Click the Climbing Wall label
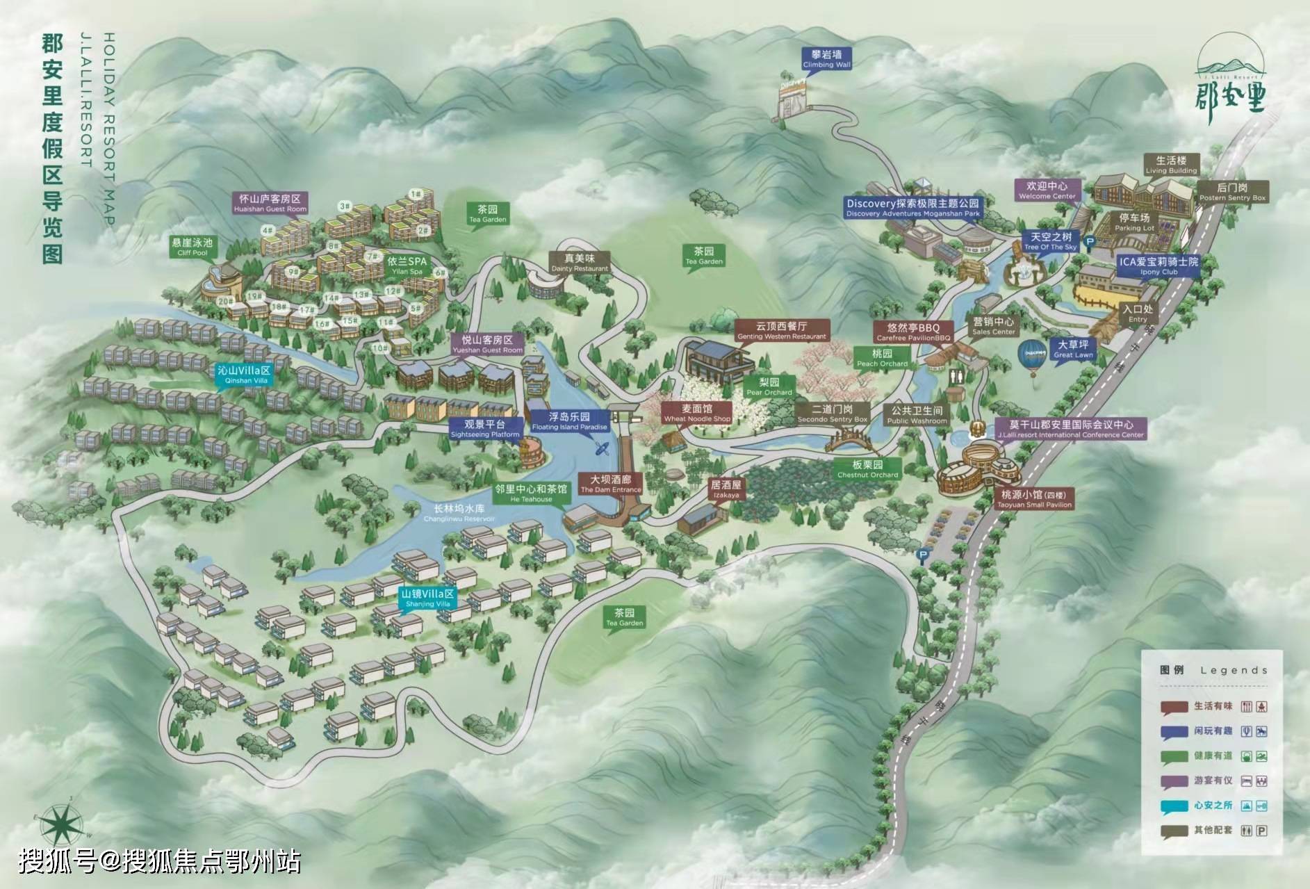826,58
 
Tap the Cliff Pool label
193,247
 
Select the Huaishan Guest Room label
270,203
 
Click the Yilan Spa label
407,266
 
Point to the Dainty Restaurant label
580,263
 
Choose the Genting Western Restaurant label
782,330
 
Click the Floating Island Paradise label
569,421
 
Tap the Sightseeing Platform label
485,429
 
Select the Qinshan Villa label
243,375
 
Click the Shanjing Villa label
428,598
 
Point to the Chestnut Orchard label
867,469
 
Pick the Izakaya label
726,489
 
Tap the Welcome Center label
1047,190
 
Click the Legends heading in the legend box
1234,670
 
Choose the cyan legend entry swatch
1174,806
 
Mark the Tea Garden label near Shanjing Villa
624,617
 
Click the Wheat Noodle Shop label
697,413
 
